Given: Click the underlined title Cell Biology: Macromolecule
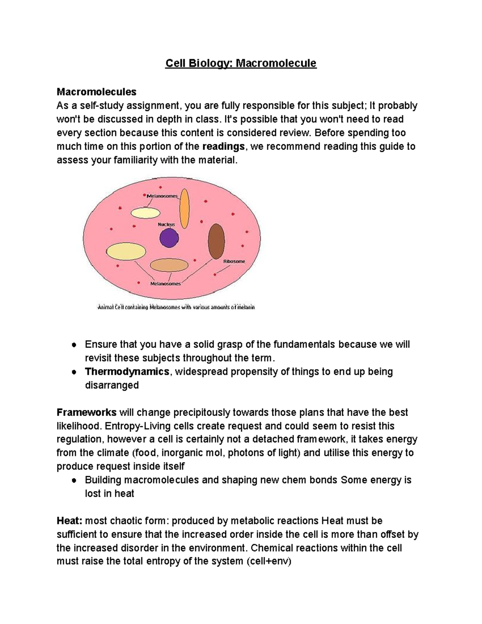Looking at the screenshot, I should coord(241,63).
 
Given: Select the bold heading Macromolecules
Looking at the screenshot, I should coord(96,92).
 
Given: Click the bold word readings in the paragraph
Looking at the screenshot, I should coord(223,147).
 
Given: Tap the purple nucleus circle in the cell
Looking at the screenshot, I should coord(169,238).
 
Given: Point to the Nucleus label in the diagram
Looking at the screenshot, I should coord(166,224).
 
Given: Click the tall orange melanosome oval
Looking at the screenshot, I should coord(184,209).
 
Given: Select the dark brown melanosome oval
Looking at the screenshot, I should coord(216,241).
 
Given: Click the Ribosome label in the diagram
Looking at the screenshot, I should coord(234,262).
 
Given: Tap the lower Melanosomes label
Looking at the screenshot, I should coord(165,284).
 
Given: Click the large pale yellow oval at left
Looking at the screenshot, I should coord(125,252).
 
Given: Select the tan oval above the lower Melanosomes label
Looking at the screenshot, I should coord(169,265).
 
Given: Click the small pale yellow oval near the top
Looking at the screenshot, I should coord(145,213).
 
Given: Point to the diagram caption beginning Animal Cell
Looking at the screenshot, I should coord(176,308).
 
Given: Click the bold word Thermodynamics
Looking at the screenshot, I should coord(127,372).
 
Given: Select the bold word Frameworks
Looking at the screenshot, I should coord(86,413).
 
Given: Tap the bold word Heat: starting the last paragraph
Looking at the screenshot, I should coord(69,521).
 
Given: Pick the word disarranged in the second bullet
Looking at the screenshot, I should coord(112,385).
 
